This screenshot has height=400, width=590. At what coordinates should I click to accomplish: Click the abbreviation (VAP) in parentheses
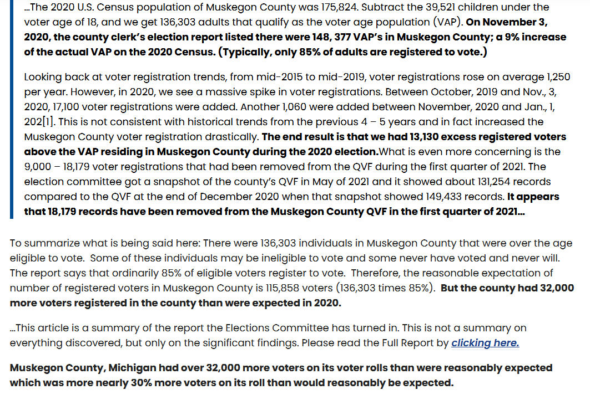click(x=448, y=22)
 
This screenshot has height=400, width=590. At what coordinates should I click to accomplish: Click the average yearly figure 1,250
click(x=559, y=77)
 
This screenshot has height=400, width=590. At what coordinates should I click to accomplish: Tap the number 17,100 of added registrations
click(x=65, y=107)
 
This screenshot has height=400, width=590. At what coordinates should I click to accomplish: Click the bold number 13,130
click(x=423, y=137)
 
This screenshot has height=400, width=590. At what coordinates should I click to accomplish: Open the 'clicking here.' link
click(x=485, y=343)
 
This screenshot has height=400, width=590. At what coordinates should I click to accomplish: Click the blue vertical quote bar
click(x=11, y=109)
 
